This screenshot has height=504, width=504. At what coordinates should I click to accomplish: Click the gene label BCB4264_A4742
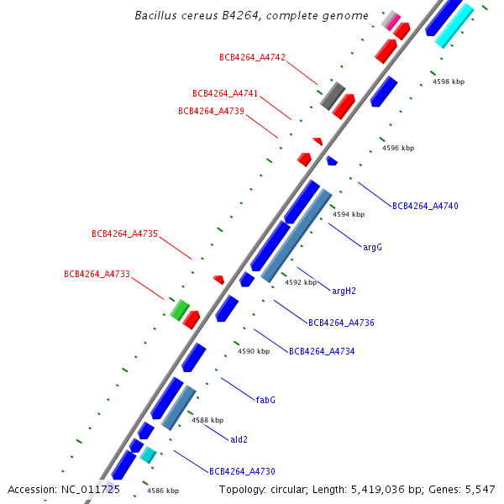click(252, 58)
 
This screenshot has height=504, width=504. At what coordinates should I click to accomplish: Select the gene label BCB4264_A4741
click(225, 94)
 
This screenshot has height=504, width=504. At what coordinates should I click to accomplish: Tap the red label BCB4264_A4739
click(211, 111)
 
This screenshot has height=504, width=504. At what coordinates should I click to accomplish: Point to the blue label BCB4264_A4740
click(425, 206)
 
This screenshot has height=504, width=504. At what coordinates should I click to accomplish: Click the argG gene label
click(372, 248)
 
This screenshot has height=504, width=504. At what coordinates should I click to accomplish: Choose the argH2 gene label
click(344, 291)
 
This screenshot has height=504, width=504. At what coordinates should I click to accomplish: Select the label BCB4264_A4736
click(341, 323)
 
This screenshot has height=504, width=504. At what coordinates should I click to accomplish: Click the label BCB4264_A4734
click(322, 351)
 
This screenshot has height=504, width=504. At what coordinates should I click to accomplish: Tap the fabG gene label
click(265, 400)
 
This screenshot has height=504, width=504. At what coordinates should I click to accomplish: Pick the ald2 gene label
click(239, 439)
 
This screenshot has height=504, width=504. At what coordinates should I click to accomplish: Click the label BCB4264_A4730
click(242, 471)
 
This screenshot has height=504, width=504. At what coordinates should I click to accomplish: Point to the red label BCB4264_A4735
click(124, 234)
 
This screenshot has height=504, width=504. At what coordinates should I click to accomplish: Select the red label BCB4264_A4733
click(97, 274)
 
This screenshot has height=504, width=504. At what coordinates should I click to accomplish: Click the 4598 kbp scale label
click(449, 82)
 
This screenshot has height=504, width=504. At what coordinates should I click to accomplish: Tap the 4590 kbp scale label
click(254, 351)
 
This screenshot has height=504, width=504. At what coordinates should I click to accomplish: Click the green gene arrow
click(179, 310)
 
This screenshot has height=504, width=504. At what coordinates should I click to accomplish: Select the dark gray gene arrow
click(333, 96)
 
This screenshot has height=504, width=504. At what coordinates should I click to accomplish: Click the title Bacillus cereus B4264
click(251, 16)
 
